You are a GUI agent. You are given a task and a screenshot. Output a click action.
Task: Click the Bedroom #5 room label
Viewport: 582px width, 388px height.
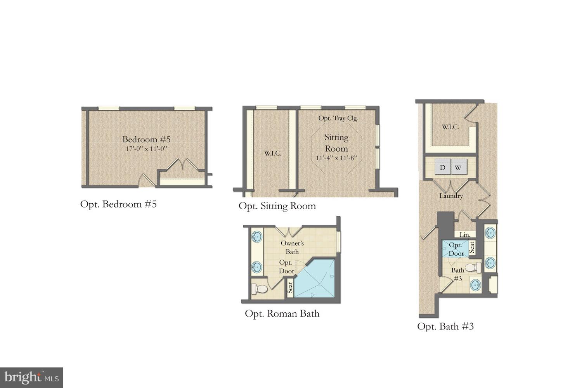point(146,139)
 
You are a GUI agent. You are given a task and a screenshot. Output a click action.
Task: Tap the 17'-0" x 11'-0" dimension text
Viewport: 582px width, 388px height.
point(146,149)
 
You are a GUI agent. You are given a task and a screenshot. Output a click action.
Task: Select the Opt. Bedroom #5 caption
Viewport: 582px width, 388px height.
point(118,204)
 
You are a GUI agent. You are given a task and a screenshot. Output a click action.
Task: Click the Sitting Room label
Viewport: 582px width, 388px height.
point(336,143)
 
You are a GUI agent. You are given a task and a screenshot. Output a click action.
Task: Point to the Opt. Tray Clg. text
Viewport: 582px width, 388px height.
point(338,118)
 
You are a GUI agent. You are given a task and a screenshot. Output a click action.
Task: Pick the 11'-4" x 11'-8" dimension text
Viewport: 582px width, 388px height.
point(336,158)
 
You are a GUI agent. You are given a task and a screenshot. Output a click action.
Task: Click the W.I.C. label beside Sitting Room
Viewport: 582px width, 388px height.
point(272,153)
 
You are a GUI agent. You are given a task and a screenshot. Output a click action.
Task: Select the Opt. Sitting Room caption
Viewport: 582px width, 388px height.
point(277,206)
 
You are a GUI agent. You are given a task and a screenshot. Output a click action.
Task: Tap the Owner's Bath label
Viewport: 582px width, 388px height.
point(292,247)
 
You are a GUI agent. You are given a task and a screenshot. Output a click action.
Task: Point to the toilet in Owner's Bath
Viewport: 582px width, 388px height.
point(259,289)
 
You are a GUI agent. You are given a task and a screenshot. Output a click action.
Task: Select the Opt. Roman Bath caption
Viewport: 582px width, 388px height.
point(282,314)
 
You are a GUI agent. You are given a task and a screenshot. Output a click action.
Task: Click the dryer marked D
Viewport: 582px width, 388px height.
point(442,168)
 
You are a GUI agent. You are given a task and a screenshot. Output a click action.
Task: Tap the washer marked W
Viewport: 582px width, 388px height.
point(458,168)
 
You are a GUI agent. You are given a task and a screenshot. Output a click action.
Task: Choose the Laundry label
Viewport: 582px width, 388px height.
point(451,196)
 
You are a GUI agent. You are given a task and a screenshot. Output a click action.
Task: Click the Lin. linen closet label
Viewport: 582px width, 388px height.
point(465,235)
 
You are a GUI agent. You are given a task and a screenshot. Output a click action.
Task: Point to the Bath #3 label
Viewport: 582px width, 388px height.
point(458,274)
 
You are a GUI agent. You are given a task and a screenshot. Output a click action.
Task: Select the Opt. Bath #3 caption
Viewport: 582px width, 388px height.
point(445,326)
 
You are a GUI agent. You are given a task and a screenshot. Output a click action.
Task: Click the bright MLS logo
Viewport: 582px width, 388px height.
point(31,378)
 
